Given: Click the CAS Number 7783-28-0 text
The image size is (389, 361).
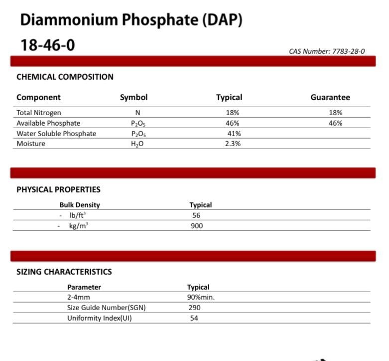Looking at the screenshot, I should tap(326, 51).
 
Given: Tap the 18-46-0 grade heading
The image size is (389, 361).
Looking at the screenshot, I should tap(47, 45).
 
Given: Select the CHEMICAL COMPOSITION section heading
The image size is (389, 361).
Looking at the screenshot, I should tap(65, 77).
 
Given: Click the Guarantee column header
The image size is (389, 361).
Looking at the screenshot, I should tap(330, 98).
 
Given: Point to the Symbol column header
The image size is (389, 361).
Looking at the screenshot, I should tap(133, 98).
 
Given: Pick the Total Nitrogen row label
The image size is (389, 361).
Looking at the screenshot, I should tap(39, 113).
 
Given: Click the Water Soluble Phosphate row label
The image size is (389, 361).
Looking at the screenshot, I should tap(56, 134).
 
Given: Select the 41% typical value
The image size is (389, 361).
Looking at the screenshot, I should tap(234, 134).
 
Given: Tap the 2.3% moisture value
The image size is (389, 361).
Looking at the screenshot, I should tap(233, 144).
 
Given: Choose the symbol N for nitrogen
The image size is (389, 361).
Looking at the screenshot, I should tap(137, 113).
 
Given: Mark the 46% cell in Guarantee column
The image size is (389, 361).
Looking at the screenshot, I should tap(335, 123).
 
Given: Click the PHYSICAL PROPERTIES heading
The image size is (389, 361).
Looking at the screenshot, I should tap(58, 189).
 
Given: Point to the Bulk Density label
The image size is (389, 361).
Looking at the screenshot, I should tap(80, 205).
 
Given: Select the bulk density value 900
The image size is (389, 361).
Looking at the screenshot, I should tap(197, 226).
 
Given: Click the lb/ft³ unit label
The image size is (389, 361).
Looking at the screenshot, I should tap(77, 215).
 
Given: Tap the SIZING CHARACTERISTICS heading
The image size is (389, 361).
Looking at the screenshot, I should tap(64, 272).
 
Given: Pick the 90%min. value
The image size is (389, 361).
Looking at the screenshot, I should tap(201, 297).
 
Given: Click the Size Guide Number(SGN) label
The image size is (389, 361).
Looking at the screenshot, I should tap(106, 308).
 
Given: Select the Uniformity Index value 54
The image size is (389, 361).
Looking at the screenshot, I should tap(194, 318).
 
